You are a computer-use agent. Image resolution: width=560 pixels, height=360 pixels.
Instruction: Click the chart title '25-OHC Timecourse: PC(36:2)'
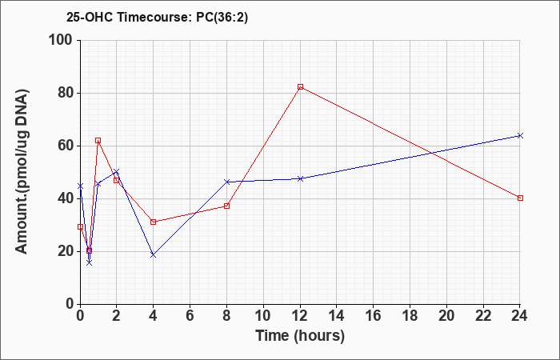point(157,18)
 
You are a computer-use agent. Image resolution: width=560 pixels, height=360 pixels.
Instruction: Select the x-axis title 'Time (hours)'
point(300,336)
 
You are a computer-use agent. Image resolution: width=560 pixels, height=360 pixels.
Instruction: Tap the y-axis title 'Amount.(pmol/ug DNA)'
point(22,172)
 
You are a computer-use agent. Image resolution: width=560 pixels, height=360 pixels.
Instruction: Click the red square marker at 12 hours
point(300,86)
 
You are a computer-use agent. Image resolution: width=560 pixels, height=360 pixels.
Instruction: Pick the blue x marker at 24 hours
point(520,136)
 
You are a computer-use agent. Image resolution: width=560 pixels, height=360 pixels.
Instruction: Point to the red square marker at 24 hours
point(520,198)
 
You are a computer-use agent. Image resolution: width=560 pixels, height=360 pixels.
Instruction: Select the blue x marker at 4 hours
point(154,254)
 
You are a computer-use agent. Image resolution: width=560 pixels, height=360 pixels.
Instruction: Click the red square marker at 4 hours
point(154,222)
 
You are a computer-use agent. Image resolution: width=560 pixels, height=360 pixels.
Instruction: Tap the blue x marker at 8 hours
point(226,182)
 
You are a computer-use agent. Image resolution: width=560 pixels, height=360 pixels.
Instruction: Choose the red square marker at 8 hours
point(226,206)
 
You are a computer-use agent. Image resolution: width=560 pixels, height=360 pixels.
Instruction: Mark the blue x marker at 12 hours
point(300,178)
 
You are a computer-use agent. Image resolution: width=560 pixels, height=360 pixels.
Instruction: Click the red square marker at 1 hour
point(98,140)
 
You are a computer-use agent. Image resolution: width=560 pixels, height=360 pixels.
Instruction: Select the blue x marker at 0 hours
point(80,186)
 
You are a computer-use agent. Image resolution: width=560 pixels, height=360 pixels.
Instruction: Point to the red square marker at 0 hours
point(80,226)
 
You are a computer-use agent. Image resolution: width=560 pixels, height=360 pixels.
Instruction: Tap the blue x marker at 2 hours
point(117,172)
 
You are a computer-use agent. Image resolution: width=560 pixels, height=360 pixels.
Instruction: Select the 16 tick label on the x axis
point(374,316)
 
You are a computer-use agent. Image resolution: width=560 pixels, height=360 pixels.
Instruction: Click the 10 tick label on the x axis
point(263,316)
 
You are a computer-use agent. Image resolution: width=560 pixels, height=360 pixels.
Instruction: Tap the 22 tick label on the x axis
point(483,316)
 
